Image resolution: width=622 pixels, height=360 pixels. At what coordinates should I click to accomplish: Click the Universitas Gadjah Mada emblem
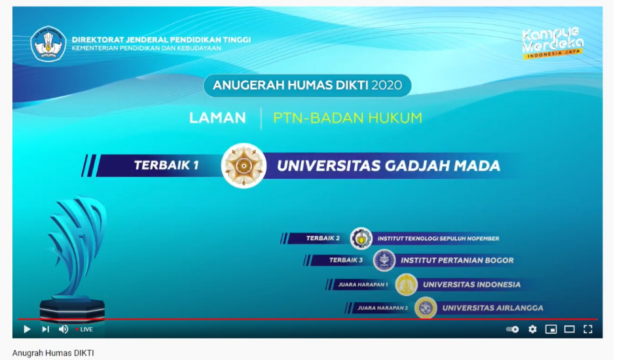click(x=244, y=166)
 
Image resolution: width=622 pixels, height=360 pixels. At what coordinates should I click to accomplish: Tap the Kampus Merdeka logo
click(x=553, y=43)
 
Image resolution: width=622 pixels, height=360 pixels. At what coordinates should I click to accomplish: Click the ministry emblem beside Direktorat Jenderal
click(x=48, y=44)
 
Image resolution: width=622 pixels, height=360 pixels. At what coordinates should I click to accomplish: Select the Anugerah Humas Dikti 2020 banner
click(x=307, y=85)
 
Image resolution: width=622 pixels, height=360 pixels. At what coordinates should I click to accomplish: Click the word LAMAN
click(x=217, y=118)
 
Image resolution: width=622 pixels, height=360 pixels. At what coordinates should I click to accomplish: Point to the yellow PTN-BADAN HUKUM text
click(x=348, y=118)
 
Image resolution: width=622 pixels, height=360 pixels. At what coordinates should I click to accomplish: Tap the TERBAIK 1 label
click(x=166, y=165)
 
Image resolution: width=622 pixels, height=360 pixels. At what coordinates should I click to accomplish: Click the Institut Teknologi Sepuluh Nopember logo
click(x=361, y=238)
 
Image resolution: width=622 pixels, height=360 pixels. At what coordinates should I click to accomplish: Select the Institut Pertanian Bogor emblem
click(x=384, y=261)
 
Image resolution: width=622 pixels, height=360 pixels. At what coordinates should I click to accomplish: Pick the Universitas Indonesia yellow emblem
click(x=406, y=284)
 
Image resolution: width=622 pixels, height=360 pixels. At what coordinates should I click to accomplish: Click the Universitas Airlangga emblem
click(x=426, y=308)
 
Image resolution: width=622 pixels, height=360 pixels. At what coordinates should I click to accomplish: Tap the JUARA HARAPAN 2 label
click(x=382, y=308)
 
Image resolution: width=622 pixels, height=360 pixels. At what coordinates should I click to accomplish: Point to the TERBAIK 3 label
click(x=346, y=260)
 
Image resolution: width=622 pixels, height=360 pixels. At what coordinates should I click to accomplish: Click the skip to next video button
click(x=46, y=329)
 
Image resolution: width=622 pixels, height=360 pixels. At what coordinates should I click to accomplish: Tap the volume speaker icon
click(x=64, y=329)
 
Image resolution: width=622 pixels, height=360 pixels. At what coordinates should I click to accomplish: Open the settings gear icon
click(x=532, y=329)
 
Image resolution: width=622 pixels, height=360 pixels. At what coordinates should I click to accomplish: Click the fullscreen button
click(x=588, y=329)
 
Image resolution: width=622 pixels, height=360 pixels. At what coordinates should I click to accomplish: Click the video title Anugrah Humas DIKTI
click(x=53, y=353)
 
